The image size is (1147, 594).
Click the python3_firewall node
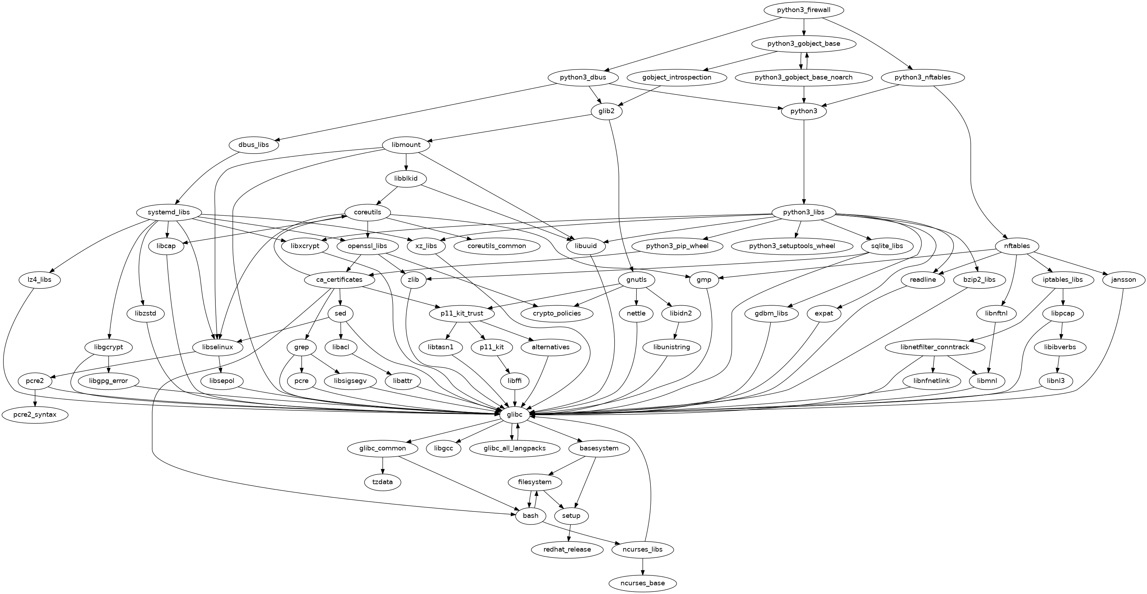803,10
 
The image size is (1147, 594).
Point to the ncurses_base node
642,583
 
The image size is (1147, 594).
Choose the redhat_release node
567,549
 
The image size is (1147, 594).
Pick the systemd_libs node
169,212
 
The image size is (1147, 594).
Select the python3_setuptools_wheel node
792,246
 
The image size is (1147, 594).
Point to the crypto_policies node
557,313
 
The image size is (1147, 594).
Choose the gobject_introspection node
676,77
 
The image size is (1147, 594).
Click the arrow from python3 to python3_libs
804,160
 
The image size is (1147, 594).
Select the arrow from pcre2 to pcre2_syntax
35,398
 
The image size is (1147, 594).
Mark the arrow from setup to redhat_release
570,532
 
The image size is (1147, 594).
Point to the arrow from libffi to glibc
515,398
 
